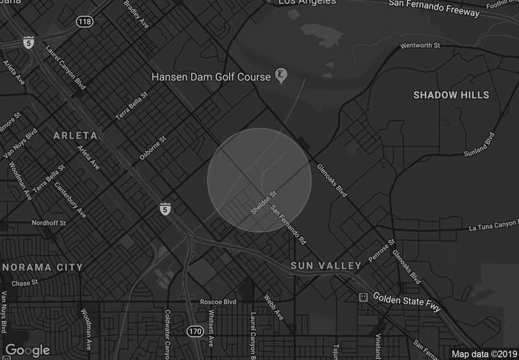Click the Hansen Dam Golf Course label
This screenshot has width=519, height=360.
tap(210, 77)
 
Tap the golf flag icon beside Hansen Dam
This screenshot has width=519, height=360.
tap(281, 76)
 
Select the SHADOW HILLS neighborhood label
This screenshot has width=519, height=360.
tap(451, 95)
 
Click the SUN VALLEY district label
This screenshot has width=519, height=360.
tap(326, 266)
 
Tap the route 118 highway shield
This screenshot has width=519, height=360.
tap(84, 22)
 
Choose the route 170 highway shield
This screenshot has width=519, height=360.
tap(195, 331)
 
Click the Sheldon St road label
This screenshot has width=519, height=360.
tap(264, 202)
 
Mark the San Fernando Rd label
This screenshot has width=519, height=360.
tap(288, 224)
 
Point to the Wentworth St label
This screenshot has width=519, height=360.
tap(420, 46)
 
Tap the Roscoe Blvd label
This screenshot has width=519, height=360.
tap(219, 302)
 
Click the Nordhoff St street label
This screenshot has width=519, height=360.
tap(51, 222)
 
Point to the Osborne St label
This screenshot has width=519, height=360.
tap(153, 148)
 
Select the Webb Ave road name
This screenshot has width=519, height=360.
tap(274, 307)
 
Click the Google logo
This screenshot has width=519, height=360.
tap(27, 350)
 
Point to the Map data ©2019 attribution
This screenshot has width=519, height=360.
tap(483, 354)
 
